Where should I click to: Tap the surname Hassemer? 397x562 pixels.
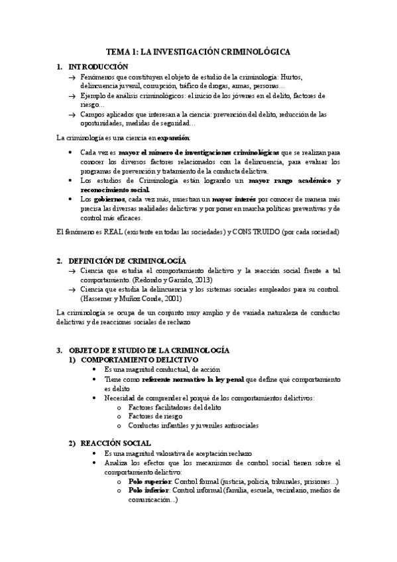[97, 298]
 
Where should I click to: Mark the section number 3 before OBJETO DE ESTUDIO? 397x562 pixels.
[58, 350]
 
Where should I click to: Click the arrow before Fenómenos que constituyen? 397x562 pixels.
[72, 78]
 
